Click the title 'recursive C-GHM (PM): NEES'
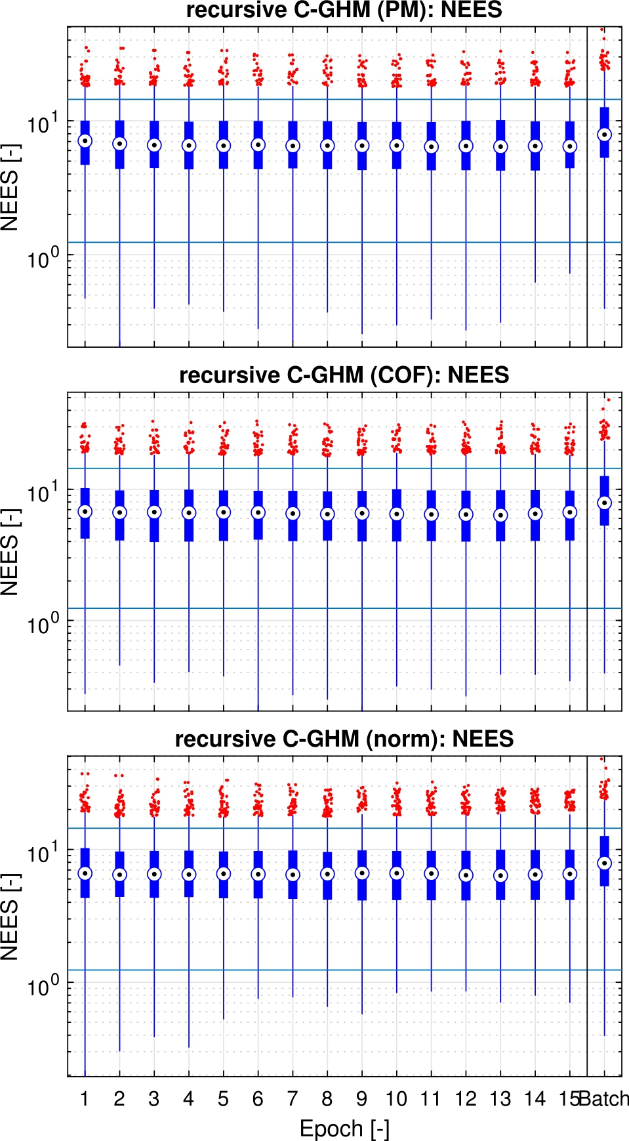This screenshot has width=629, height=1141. point(344,10)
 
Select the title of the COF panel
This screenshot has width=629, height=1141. point(344,375)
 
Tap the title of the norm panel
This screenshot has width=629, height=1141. point(344,739)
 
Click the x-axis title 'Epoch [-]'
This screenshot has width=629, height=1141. point(344,1129)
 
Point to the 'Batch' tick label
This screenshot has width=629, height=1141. point(605,1099)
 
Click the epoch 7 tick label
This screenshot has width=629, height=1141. point(293,1099)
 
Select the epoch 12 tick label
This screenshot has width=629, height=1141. point(466,1099)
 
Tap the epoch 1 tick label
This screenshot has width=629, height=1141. point(85,1099)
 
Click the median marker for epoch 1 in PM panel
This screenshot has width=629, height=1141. point(85,141)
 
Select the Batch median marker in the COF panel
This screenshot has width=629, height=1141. point(605,503)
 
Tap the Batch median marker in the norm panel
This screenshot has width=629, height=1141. point(605,863)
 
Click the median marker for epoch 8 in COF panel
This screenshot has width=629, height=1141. point(327,514)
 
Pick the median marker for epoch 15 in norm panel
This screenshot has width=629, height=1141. point(570,874)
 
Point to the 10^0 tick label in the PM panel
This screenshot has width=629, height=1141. point(42,258)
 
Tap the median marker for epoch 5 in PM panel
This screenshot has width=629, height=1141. point(224,146)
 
